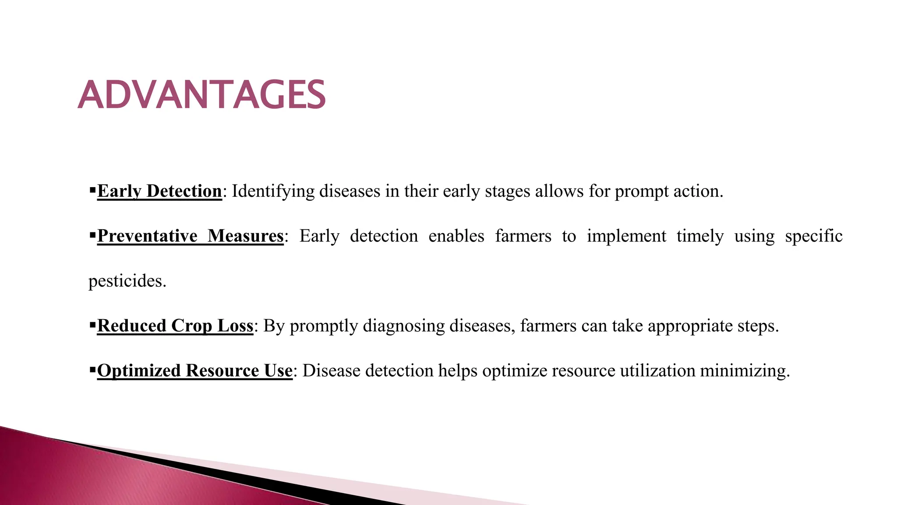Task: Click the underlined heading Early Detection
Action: pos(159,191)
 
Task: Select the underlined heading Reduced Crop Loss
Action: pos(175,326)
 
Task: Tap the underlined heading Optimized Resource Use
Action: pos(194,370)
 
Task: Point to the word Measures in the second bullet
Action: pos(245,236)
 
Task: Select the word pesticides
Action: pos(127,281)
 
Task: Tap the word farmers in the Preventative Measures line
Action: pos(523,236)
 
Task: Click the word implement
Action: pos(626,236)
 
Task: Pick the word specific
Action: pos(813,236)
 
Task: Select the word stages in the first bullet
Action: pos(507,192)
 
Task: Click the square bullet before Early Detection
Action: pos(92,190)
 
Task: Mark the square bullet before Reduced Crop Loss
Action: pos(92,325)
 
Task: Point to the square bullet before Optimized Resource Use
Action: pos(92,370)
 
